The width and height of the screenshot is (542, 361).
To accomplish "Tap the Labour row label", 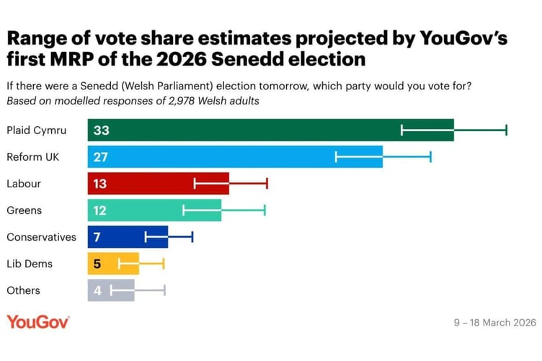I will point(23,184).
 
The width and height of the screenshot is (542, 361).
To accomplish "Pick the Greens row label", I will point(24,210).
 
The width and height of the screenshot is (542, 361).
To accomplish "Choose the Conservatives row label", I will point(41,237).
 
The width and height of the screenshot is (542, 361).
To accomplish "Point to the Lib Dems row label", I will point(29,264).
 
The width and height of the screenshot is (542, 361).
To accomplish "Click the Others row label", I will point(23,290).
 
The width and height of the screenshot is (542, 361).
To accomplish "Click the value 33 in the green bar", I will point(101,130).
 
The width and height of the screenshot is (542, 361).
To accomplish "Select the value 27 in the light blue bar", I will point(101,157).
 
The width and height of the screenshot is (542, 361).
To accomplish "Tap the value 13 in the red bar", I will point(100,184).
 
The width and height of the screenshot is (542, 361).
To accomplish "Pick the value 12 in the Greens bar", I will point(100,210).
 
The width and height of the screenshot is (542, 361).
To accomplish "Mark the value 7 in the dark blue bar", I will point(97,237).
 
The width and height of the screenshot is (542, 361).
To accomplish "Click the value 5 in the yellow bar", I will point(97,264).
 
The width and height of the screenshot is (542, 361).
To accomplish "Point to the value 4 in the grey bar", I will point(97,290).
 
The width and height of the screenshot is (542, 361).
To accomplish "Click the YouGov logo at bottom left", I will point(38,322).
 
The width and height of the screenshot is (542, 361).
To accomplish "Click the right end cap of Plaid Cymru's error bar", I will point(506,130).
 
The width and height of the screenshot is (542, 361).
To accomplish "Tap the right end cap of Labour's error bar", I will point(267,184).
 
